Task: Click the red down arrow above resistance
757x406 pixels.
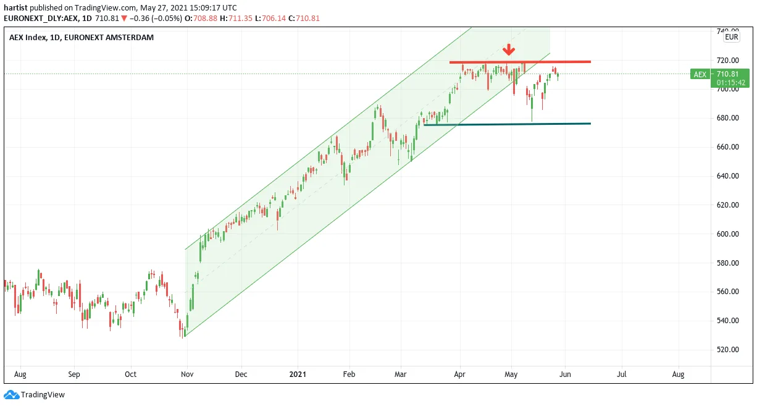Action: point(508,49)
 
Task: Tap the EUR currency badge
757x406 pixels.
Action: point(731,37)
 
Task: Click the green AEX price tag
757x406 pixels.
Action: point(700,74)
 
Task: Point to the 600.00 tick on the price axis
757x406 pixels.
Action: point(728,234)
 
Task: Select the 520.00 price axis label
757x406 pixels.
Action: point(728,350)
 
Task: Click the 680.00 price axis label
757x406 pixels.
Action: point(728,118)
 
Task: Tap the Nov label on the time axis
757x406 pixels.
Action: point(187,374)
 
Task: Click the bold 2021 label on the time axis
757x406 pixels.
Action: point(298,374)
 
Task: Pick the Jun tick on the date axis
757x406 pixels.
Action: point(565,374)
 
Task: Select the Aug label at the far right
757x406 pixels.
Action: point(678,374)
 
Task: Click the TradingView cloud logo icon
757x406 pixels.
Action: point(12,395)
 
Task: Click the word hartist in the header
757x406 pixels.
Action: point(15,7)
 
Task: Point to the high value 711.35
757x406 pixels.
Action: point(240,19)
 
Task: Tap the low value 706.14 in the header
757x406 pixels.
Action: point(274,19)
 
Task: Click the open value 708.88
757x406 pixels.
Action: point(205,19)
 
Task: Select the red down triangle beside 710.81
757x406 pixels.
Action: point(124,19)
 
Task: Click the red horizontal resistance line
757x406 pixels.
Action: point(520,62)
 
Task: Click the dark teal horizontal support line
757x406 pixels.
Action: point(508,124)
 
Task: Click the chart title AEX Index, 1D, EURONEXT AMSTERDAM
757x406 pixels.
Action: point(82,38)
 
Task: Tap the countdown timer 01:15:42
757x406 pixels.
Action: point(731,83)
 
